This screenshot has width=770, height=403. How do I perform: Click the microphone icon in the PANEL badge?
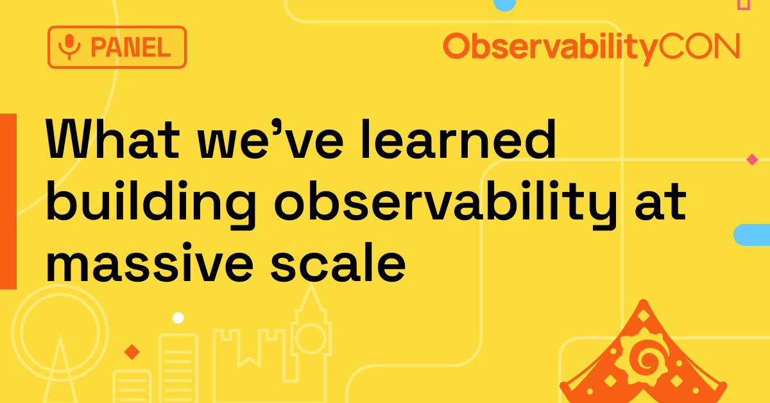point(69,47)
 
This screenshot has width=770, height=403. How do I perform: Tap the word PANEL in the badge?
point(130,47)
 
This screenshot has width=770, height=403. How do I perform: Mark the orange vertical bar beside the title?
point(8,201)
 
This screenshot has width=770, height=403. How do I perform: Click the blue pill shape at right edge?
point(752,235)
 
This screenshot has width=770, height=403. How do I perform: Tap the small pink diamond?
point(752,159)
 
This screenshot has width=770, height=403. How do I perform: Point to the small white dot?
point(178,318)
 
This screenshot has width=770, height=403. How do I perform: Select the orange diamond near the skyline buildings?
point(132,352)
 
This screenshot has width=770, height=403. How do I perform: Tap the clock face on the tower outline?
point(310,338)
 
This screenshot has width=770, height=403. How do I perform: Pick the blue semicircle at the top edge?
point(504,4)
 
